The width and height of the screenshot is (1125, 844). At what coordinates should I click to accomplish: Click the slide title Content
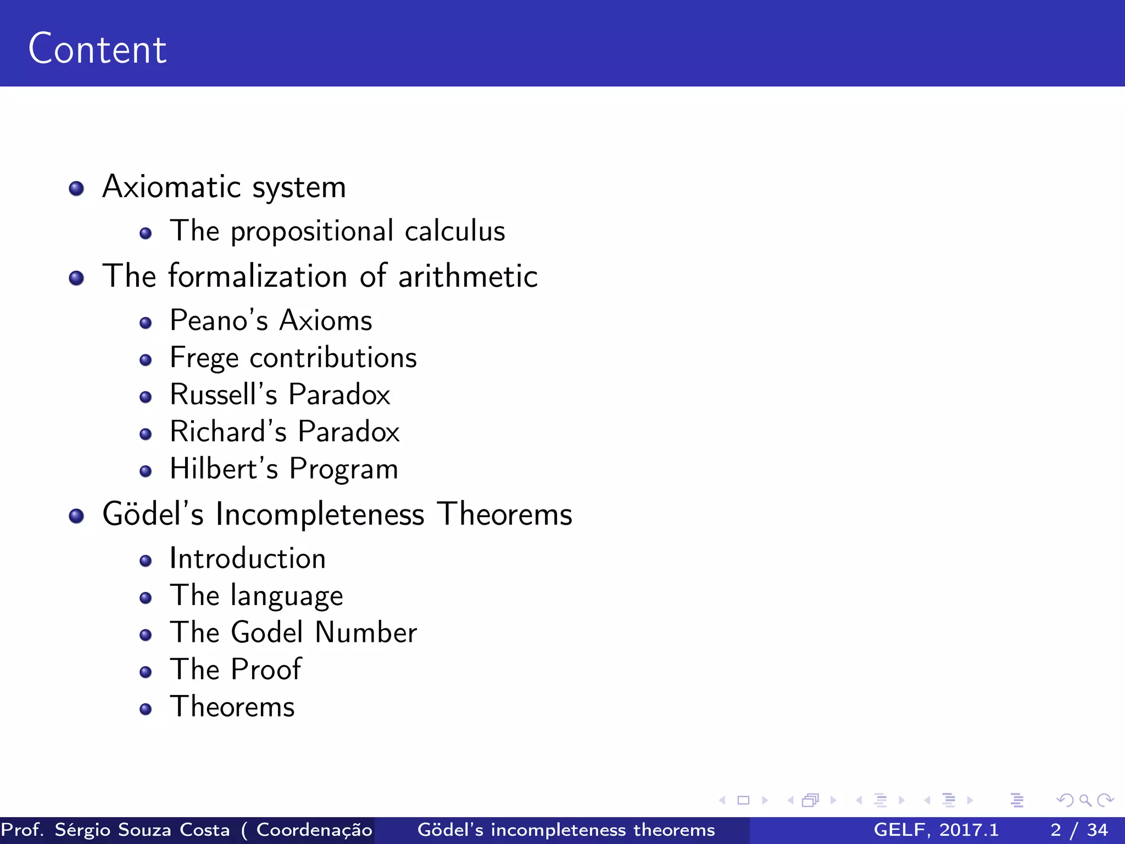pos(97,49)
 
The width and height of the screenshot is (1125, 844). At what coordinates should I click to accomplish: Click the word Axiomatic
pos(171,187)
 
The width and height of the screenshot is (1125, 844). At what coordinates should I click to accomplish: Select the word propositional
pos(311,231)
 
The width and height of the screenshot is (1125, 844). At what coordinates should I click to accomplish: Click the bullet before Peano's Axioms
pos(146,323)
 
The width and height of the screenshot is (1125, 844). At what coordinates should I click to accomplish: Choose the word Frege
pos(204,359)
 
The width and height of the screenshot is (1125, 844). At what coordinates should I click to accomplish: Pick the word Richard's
pos(228,432)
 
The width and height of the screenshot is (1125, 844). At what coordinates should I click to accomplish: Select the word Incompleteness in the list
pos(320,514)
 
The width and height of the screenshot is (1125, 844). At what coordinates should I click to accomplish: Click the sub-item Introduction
pos(247,559)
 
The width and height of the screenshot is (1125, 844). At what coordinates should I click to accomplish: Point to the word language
pos(287,597)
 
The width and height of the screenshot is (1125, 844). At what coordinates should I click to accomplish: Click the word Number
pos(366,632)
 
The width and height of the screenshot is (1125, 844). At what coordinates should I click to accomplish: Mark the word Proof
pos(266,670)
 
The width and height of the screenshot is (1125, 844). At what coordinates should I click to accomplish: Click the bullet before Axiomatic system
pos(76,189)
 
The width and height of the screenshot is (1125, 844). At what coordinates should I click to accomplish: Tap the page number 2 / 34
pos(1079,830)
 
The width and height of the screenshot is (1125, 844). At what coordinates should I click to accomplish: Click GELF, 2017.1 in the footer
pos(935,830)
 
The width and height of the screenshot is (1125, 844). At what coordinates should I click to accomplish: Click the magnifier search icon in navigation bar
pos(1085,800)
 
